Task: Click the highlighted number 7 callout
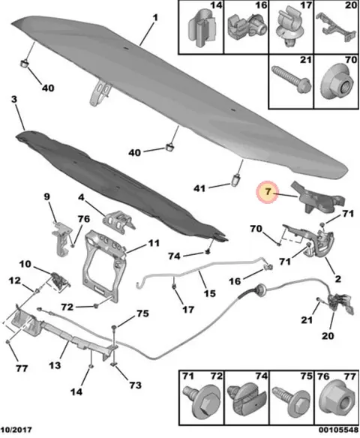click(x=267, y=192)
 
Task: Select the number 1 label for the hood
click(x=155, y=18)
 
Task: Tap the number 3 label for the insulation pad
click(x=14, y=100)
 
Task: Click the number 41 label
click(x=199, y=188)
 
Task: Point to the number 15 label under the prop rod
click(x=209, y=293)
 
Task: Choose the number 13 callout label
click(x=55, y=365)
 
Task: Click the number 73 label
click(x=135, y=385)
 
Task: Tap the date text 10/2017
click(x=16, y=429)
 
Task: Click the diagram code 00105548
click(x=339, y=429)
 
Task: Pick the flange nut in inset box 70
click(x=337, y=82)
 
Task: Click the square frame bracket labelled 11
click(x=104, y=267)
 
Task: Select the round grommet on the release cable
click(x=261, y=289)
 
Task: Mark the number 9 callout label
click(x=47, y=196)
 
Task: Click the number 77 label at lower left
click(x=22, y=368)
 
